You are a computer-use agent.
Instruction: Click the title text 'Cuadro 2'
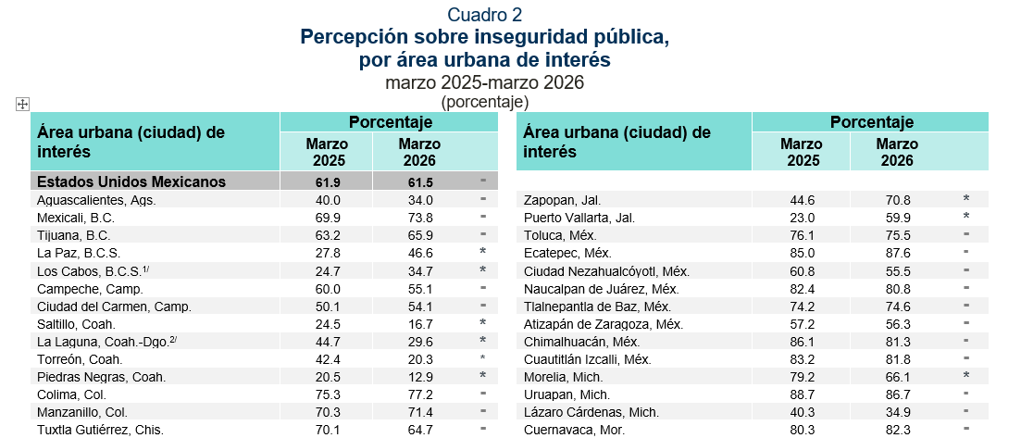tap(484, 14)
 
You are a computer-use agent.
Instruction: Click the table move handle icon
tap(23, 105)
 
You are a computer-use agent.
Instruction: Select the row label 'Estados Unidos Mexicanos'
tap(131, 181)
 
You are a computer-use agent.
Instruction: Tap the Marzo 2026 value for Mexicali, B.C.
tap(419, 217)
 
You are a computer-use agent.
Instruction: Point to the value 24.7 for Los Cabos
tap(328, 269)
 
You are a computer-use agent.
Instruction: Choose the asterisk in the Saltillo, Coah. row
tap(482, 323)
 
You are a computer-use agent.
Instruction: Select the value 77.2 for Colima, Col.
tap(419, 394)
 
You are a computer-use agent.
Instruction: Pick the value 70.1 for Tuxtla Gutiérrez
tap(328, 429)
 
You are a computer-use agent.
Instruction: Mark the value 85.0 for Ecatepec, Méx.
tap(802, 252)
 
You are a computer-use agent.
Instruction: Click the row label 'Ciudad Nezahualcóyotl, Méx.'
tap(606, 270)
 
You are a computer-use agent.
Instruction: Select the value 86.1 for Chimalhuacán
tap(802, 341)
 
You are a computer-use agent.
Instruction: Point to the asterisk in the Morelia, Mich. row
tap(965, 377)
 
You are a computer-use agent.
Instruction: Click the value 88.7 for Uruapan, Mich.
tap(802, 394)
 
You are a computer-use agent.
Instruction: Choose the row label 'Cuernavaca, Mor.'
tap(574, 430)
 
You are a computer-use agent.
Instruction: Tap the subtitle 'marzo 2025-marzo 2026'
tap(484, 81)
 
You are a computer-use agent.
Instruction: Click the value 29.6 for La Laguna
tap(419, 341)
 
